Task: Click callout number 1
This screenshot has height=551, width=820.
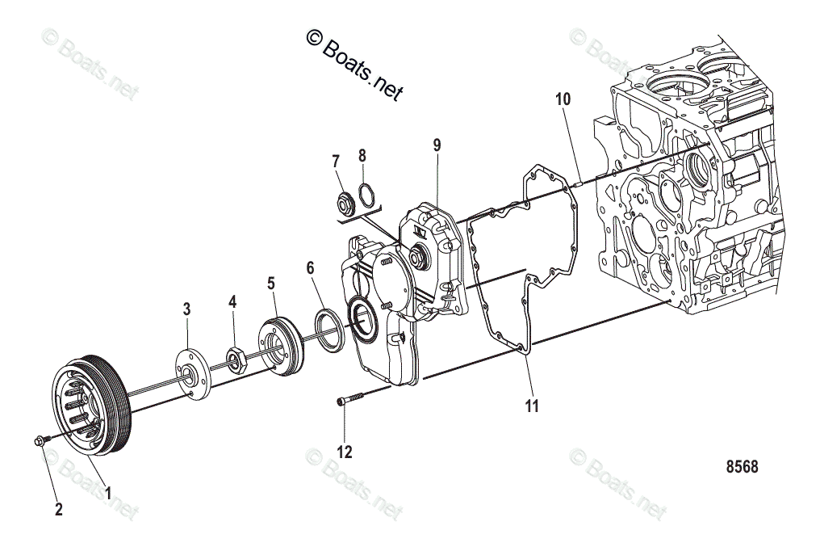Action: coord(109,490)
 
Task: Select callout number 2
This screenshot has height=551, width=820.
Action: coord(57,510)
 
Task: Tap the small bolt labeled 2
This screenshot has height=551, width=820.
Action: coord(40,440)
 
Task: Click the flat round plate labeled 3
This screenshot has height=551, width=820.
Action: coord(190,372)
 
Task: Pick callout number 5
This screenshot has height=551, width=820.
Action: coord(271,283)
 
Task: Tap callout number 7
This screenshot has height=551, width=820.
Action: coord(336,161)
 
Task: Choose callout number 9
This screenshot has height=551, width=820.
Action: coord(437,145)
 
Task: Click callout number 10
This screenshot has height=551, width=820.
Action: coord(563,99)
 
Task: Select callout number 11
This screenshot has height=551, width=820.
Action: coord(531,406)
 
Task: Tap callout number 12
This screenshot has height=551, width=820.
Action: coord(345,452)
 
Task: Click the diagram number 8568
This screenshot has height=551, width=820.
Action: coord(742,467)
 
